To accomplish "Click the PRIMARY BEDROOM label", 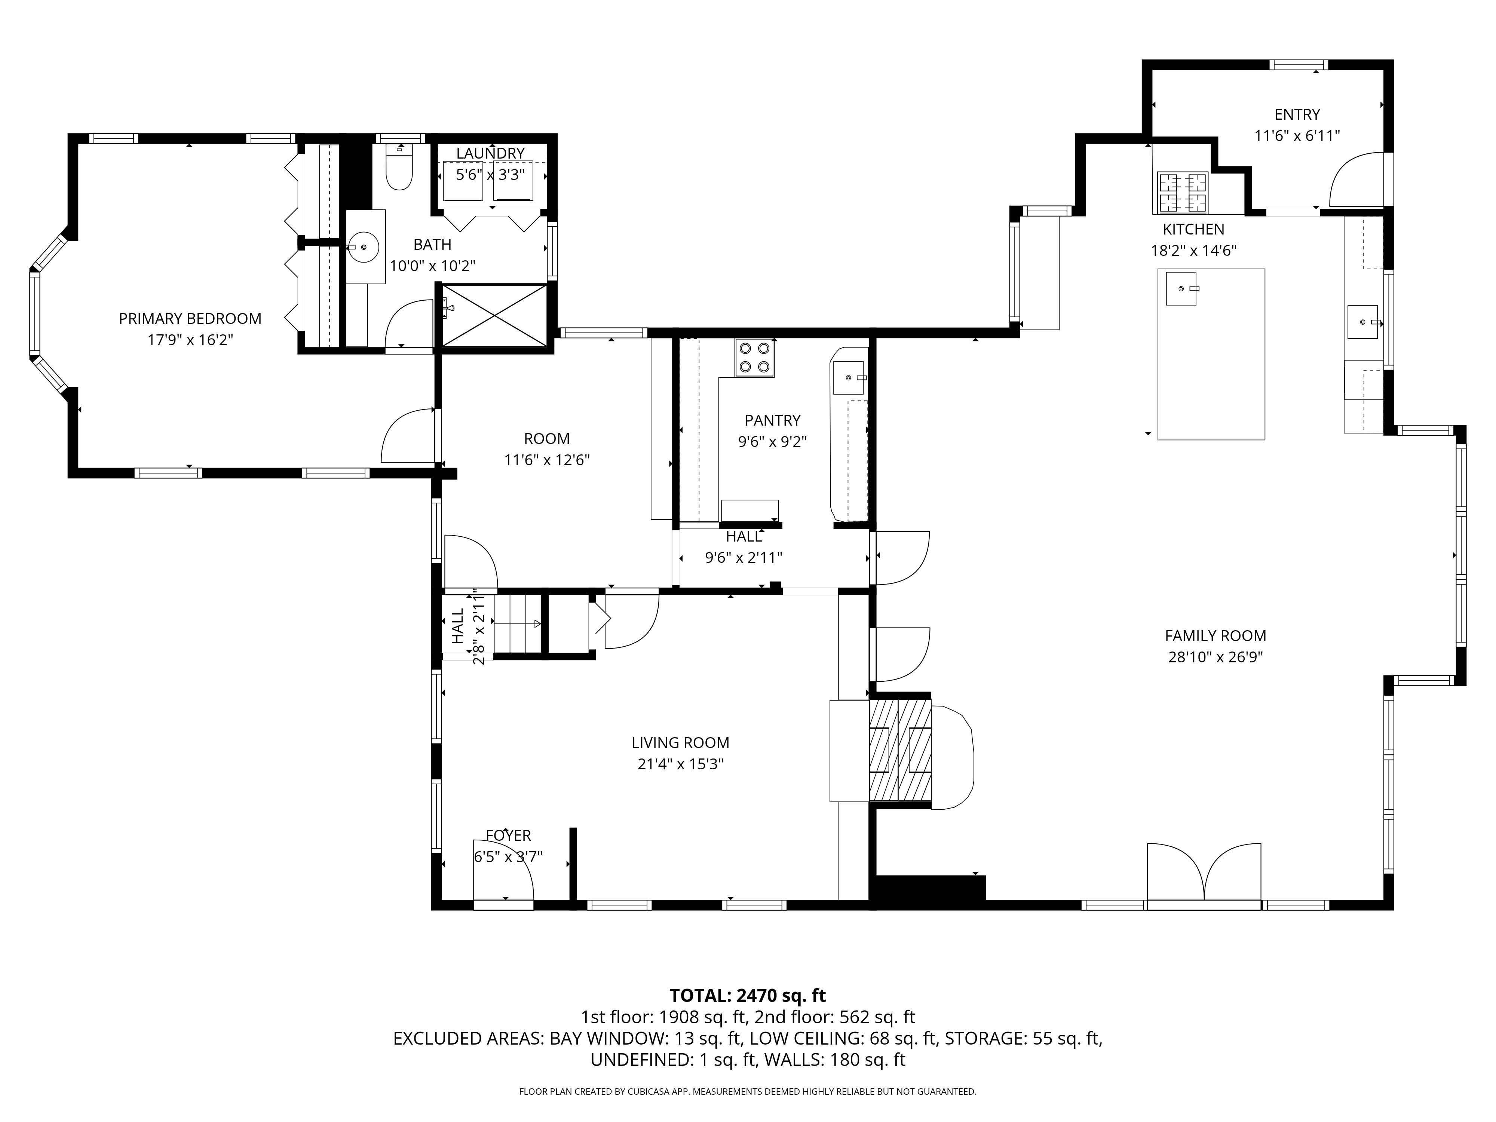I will click(x=190, y=319).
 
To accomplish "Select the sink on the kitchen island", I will click(x=1181, y=289).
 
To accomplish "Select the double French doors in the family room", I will click(x=1204, y=873).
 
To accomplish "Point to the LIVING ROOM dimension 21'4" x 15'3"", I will click(x=680, y=764).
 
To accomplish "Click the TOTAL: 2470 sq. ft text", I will click(x=747, y=996).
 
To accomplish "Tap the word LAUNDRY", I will click(x=490, y=153).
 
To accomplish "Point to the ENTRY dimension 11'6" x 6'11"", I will click(x=1297, y=136).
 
